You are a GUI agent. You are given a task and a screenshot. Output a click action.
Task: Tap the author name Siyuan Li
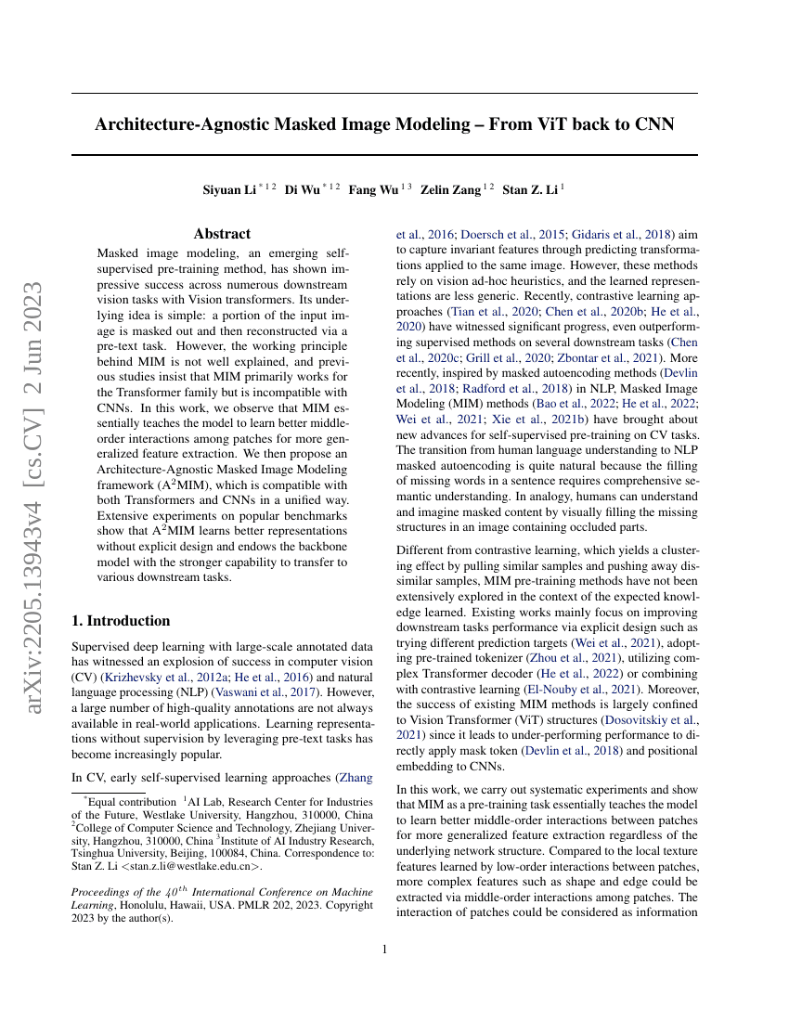coord(229,190)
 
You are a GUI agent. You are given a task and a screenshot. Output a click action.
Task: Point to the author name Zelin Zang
coord(450,190)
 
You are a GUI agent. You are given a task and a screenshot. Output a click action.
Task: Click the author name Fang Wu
coord(374,190)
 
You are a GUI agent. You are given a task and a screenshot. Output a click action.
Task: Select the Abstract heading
coord(222,234)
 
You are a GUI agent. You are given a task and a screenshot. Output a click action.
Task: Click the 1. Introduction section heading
coord(121,621)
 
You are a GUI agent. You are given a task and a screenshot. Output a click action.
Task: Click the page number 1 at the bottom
coord(384,950)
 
